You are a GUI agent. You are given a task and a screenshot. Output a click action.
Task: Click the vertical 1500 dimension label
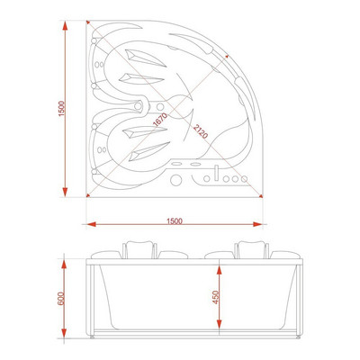coord(61,109)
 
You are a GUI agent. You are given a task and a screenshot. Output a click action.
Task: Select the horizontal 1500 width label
coord(175,221)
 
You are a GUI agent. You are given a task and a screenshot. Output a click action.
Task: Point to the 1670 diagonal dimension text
coord(160,120)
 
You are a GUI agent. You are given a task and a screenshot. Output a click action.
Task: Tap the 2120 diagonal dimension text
coord(201,131)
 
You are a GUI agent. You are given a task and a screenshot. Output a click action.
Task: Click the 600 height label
coord(61,298)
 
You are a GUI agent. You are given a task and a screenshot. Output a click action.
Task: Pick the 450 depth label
coord(216,297)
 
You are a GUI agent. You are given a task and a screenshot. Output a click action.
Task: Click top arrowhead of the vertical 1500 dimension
coord(65,25)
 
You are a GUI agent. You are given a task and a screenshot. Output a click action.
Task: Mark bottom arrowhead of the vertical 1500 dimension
coord(65,192)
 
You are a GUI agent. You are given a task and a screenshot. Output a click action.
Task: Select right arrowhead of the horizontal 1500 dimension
coord(257,224)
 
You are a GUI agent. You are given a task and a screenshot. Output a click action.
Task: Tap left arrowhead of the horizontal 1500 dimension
coord(92,224)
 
